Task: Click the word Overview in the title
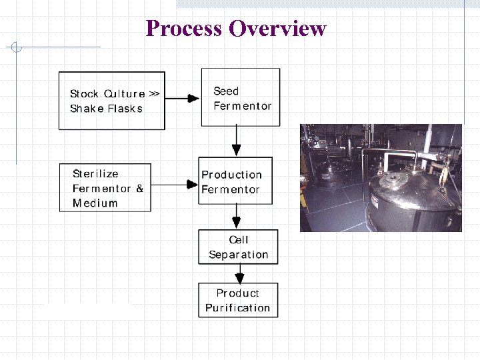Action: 277,29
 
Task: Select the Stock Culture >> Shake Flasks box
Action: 112,101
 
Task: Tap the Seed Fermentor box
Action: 241,97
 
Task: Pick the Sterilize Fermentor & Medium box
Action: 105,187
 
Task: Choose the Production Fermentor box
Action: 235,181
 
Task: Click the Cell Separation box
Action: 238,247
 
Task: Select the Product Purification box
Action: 238,300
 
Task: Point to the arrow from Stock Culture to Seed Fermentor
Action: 183,99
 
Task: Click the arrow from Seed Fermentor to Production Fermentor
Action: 236,141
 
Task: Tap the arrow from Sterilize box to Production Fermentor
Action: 175,185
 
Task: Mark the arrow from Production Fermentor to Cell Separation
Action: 236,217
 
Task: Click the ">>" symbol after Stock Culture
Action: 153,94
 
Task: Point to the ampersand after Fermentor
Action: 139,189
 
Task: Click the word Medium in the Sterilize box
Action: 95,203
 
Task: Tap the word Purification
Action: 238,308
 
